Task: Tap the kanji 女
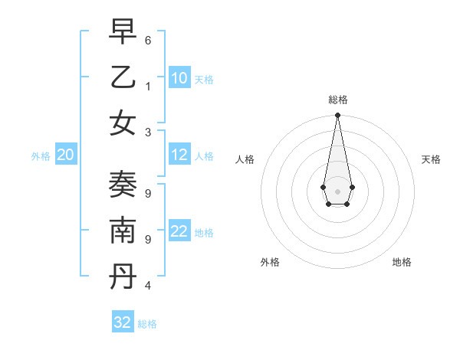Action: coord(122,123)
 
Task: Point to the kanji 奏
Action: coord(122,185)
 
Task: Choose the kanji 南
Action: coord(122,232)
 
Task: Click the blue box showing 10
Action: coord(179,77)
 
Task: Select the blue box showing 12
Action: coord(179,155)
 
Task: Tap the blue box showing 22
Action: coord(179,231)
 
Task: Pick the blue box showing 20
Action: coord(65,155)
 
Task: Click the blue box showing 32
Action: coord(123,322)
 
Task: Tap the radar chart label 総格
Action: coord(337,100)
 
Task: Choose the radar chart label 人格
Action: coord(245,159)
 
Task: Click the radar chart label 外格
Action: coord(270,262)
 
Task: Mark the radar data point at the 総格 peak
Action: coord(337,116)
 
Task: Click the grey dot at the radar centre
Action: coord(337,191)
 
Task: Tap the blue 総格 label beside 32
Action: coord(147,324)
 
